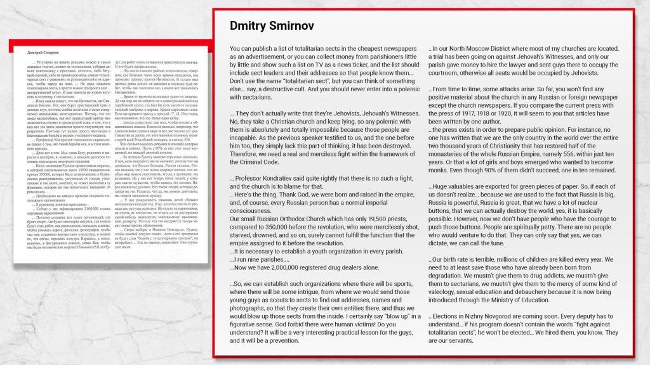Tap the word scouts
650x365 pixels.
click(293, 308)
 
